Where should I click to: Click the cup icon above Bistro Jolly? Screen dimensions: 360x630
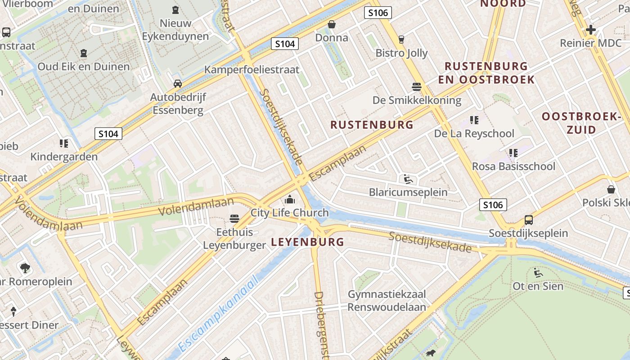[401, 40]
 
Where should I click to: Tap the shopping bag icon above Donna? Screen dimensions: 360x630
[332, 24]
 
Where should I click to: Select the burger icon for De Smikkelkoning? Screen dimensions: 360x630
[417, 86]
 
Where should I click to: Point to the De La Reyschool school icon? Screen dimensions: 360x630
[474, 120]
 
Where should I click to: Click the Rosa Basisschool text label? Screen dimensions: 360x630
[513, 166]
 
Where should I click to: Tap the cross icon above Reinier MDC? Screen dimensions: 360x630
[590, 30]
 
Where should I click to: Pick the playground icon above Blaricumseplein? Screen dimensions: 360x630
[408, 179]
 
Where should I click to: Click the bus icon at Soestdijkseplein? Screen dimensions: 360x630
[528, 220]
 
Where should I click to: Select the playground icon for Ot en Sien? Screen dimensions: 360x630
[538, 272]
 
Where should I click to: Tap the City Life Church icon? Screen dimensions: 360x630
[290, 199]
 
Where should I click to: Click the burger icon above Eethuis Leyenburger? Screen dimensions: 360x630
[234, 219]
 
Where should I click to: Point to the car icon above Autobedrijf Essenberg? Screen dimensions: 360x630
[178, 84]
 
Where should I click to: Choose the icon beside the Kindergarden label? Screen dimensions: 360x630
[63, 144]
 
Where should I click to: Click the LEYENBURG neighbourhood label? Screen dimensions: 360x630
[307, 242]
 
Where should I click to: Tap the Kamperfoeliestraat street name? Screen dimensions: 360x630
[252, 70]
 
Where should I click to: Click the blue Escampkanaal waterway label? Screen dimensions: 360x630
[219, 314]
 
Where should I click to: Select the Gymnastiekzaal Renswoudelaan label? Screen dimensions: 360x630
[387, 301]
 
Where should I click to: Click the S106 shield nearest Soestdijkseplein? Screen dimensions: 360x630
[493, 205]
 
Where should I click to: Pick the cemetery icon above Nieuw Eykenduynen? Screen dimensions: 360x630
[175, 9]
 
